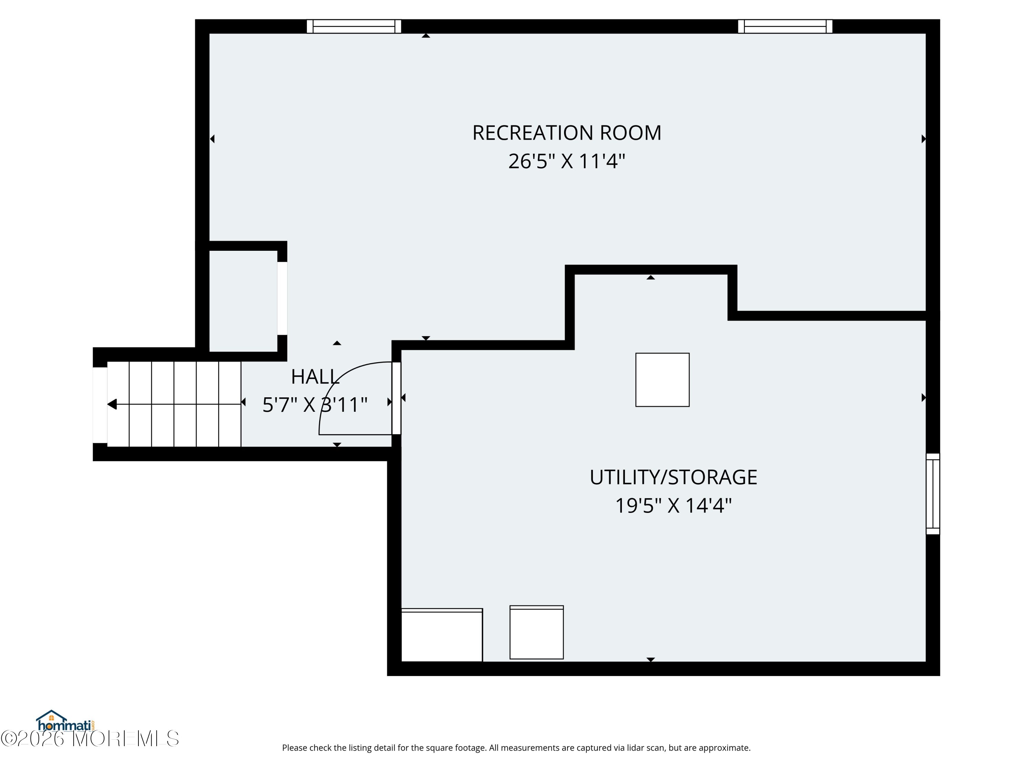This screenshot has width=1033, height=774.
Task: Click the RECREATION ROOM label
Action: pyautogui.click(x=566, y=133)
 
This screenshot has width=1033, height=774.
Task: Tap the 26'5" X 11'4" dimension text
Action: pyautogui.click(x=566, y=161)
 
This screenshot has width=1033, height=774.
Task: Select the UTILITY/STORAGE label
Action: pyautogui.click(x=673, y=477)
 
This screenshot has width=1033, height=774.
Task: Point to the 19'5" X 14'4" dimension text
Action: pyautogui.click(x=673, y=506)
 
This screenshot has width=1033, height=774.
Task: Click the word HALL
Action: pyautogui.click(x=315, y=377)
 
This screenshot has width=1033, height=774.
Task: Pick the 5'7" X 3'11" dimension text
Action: pyautogui.click(x=315, y=405)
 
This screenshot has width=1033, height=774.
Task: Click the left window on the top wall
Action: pyautogui.click(x=354, y=26)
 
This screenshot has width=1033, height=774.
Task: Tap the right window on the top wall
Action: pyautogui.click(x=785, y=26)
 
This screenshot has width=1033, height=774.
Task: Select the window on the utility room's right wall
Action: pyautogui.click(x=932, y=494)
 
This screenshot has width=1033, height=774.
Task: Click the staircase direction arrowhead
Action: pyautogui.click(x=112, y=404)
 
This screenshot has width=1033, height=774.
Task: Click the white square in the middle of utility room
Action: pyautogui.click(x=662, y=380)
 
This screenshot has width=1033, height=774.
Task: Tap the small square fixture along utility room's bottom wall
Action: pyautogui.click(x=536, y=632)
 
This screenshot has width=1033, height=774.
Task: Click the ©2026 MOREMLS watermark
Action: pyautogui.click(x=90, y=739)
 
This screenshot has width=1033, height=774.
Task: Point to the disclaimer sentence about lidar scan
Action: pyautogui.click(x=516, y=748)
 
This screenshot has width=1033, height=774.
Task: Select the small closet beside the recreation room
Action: pyautogui.click(x=243, y=301)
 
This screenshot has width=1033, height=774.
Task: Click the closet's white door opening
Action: pyautogui.click(x=282, y=299)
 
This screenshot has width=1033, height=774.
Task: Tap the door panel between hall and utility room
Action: pyautogui.click(x=396, y=398)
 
